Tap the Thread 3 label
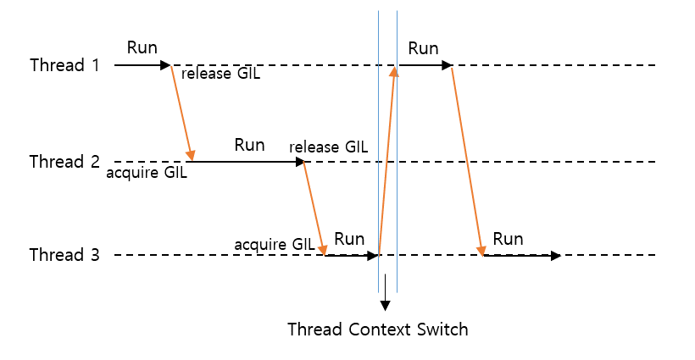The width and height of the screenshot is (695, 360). coord(64,255)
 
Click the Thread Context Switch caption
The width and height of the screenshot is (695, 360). coord(377,329)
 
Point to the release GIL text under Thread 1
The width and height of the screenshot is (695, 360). coord(220,75)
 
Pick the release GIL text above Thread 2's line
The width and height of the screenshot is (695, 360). coord(328,147)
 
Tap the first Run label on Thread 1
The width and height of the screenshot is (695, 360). coord(142,47)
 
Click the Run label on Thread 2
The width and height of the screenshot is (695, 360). coord(249,145)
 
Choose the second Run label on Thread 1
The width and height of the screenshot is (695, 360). coord(423,48)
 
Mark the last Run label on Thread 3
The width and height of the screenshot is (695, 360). coord(508,239)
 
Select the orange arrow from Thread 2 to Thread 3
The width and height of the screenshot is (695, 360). coord(314,208)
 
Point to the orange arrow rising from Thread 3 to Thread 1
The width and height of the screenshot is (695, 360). coord(386,161)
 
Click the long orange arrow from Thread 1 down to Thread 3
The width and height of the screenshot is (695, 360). coord(467,161)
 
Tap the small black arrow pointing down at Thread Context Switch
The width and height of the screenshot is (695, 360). coord(386,292)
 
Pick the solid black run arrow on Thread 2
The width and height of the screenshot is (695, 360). coord(246,161)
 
